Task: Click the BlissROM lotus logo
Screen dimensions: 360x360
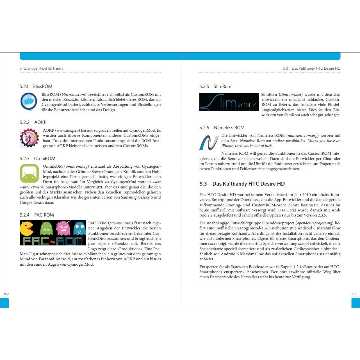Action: (29, 102)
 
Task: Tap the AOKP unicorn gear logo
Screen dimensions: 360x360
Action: (29, 138)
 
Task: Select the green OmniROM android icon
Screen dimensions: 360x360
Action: (29, 174)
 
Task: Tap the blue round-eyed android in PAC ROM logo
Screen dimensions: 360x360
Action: (79, 229)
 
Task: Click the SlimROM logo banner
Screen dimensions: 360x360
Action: (229, 102)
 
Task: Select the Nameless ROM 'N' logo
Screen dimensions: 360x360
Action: (209, 142)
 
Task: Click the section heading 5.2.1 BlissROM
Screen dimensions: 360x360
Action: (36, 86)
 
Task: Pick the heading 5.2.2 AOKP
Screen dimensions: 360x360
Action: (33, 122)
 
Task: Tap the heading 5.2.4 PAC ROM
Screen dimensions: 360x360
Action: (37, 215)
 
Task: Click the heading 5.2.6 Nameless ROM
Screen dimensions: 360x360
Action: (222, 127)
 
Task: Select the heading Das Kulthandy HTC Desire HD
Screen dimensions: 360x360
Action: (249, 184)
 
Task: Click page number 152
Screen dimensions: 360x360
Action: (6, 294)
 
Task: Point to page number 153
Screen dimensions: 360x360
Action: (354, 294)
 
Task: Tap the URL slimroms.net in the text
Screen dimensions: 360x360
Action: (291, 94)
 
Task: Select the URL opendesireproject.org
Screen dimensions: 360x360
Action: (315, 223)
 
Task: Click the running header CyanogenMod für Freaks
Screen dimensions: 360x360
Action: (43, 68)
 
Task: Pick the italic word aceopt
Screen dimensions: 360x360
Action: (304, 243)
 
